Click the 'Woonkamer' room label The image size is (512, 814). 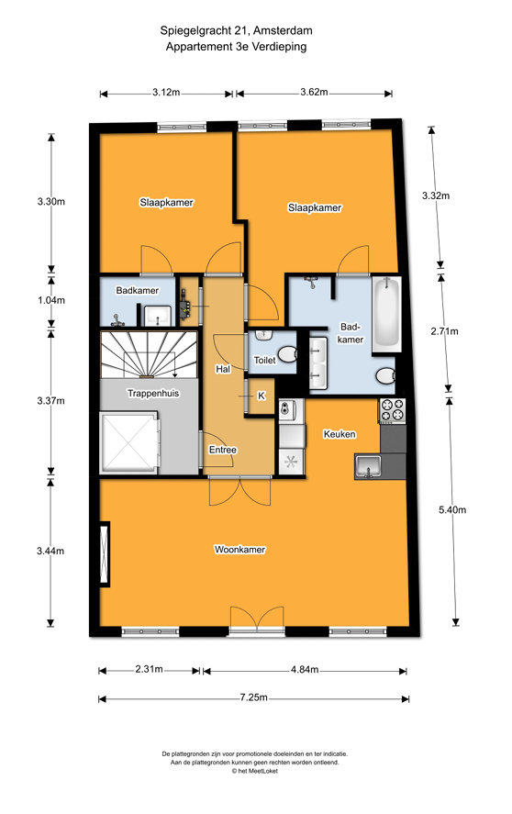point(239,550)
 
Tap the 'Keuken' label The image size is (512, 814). point(339,434)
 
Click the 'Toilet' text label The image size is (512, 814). point(264,361)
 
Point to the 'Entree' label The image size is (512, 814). point(223,450)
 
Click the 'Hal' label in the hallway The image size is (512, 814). point(222,369)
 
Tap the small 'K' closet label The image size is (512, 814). point(261,396)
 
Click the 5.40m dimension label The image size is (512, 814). point(451,510)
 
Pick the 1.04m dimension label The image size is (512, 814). point(50,300)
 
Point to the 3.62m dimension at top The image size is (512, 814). point(315,93)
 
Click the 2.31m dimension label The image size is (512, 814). point(148,670)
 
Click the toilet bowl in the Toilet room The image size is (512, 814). point(287,354)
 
